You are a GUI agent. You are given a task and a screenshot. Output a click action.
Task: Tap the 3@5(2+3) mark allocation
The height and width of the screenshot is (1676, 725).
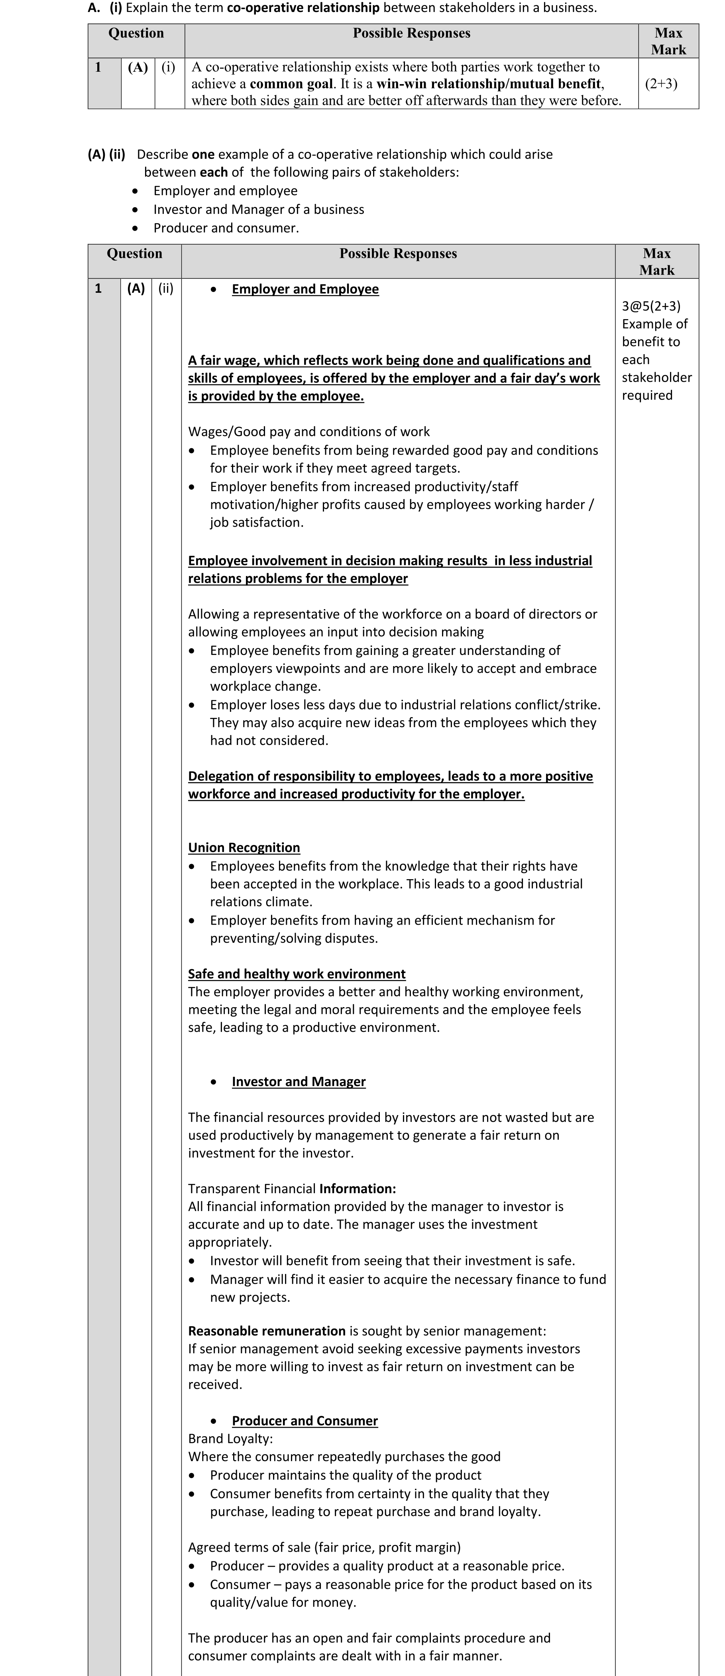(x=651, y=306)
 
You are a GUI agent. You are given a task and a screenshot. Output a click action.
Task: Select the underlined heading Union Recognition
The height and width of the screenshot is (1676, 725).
(x=244, y=848)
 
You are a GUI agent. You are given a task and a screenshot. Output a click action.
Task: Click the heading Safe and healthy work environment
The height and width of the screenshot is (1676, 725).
(x=297, y=974)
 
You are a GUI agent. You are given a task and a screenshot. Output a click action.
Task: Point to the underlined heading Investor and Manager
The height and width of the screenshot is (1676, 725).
(x=299, y=1082)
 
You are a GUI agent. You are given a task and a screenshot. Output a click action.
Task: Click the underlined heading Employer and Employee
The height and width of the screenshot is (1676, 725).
(x=305, y=290)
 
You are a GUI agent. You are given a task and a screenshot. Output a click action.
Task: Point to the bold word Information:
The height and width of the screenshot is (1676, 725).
(x=357, y=1189)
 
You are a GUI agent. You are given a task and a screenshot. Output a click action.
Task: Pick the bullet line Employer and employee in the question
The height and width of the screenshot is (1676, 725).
(x=225, y=191)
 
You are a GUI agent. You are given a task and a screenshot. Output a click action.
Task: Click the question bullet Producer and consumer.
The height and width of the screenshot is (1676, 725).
(x=226, y=228)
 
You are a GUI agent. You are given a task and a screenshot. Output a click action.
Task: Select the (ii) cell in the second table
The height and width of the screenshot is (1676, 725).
(x=166, y=288)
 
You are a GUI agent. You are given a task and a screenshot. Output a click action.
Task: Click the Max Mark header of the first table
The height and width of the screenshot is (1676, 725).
(x=668, y=41)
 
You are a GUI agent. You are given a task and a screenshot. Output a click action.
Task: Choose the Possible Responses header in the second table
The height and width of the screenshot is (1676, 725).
(x=398, y=254)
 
